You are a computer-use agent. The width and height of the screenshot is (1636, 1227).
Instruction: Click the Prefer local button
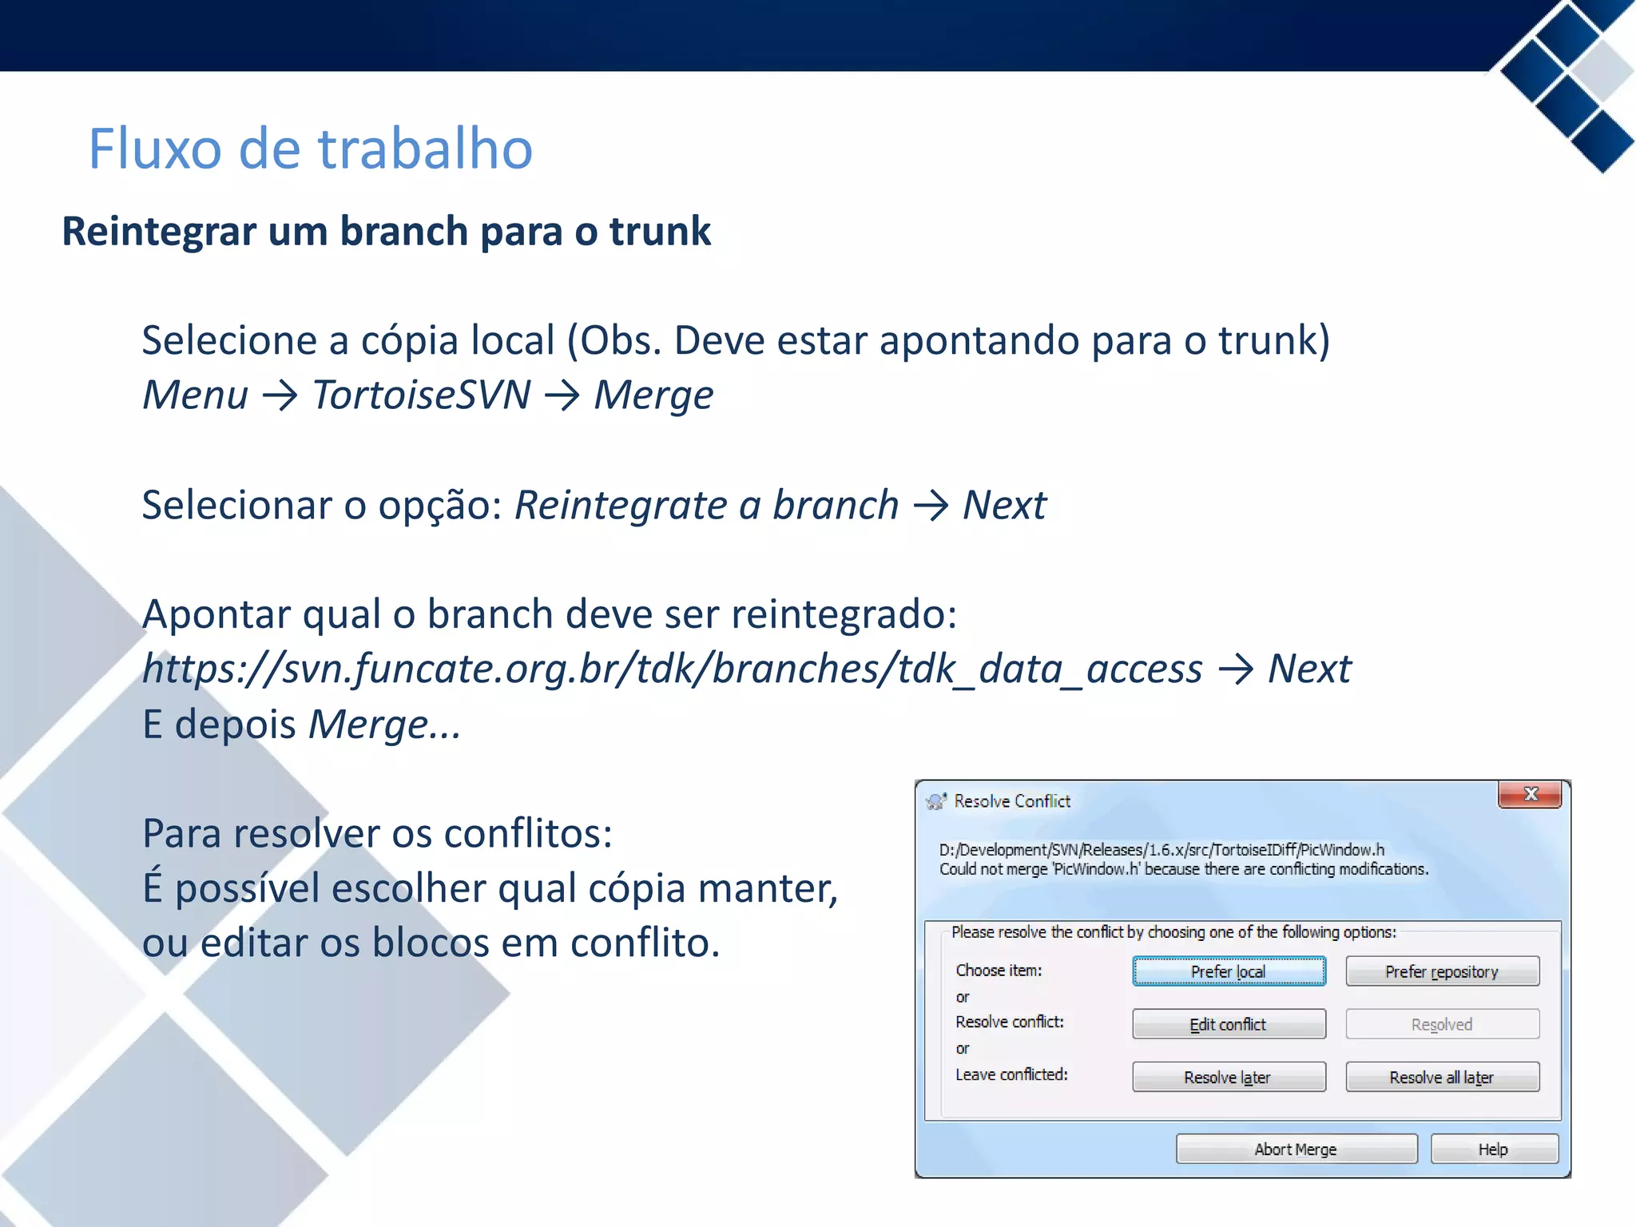1229,971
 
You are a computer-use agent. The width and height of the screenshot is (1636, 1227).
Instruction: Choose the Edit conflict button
1229,1024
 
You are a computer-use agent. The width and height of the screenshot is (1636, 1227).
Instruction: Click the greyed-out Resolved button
1442,1024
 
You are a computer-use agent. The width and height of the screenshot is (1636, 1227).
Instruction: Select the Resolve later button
1229,1077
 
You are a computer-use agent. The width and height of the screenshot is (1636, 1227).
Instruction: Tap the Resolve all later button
1442,1077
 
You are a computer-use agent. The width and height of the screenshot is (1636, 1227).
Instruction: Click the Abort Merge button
1296,1149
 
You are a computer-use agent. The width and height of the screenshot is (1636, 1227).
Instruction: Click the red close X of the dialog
1531,794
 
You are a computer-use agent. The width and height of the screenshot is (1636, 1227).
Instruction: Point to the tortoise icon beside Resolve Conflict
936,800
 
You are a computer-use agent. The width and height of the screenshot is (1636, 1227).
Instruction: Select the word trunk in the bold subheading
660,232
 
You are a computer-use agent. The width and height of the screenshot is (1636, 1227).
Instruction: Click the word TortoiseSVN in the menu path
421,395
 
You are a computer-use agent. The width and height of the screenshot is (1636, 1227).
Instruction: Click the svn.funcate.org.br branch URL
671,669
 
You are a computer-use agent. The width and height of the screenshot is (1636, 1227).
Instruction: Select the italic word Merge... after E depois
384,725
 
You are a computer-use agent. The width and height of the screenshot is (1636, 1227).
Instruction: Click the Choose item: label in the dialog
999,971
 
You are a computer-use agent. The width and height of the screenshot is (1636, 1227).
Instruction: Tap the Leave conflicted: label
1011,1074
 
